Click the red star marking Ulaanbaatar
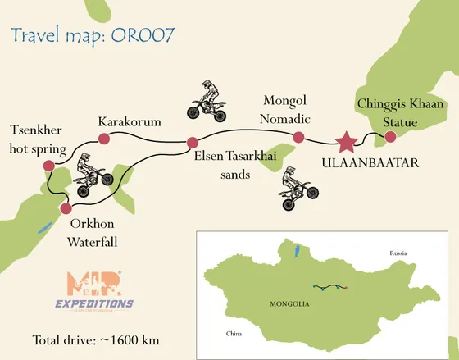point(347,141)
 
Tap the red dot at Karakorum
point(104,139)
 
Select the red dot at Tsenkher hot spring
point(48,166)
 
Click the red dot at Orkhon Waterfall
point(66,207)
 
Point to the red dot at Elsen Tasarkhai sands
point(193,141)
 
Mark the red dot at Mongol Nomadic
point(298,137)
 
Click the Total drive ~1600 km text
point(96,339)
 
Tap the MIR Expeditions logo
point(93,292)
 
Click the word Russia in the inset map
point(398,252)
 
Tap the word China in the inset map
point(235,334)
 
